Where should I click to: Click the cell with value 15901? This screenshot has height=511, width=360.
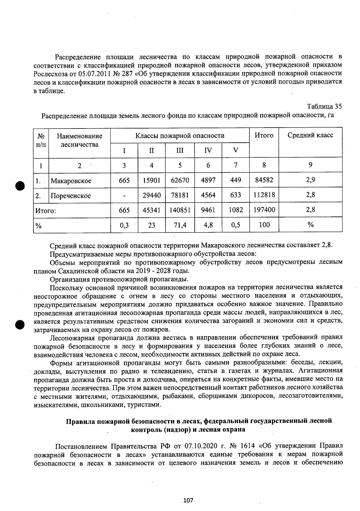[151, 180]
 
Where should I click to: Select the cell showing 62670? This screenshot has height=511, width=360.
[180, 180]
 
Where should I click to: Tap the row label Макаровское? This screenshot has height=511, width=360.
[71, 181]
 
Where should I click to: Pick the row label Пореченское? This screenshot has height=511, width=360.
[70, 196]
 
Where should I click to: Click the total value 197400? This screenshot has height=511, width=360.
[264, 210]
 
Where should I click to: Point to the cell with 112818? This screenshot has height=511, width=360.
[264, 195]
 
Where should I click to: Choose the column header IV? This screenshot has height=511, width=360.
[208, 150]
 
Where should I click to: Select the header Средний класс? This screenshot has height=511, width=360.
[310, 135]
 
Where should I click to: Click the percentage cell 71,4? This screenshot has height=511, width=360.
[180, 225]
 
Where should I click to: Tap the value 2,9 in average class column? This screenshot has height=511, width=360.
[310, 180]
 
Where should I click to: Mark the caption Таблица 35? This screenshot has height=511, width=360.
[324, 107]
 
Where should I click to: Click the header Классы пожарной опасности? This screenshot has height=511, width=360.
[180, 136]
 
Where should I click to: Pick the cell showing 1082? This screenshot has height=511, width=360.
[235, 210]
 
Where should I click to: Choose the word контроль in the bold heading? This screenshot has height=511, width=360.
[146, 429]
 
